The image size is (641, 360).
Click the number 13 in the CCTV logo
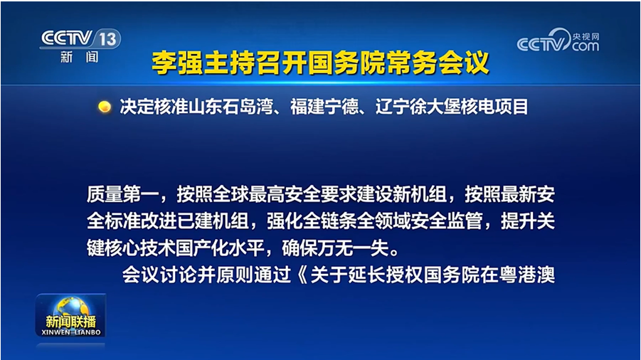[108, 39]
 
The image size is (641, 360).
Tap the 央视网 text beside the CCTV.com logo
[586, 37]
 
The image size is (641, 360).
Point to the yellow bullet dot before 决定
[105, 107]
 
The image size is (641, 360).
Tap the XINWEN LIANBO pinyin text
[71, 332]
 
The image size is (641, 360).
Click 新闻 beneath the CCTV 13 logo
[80, 57]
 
